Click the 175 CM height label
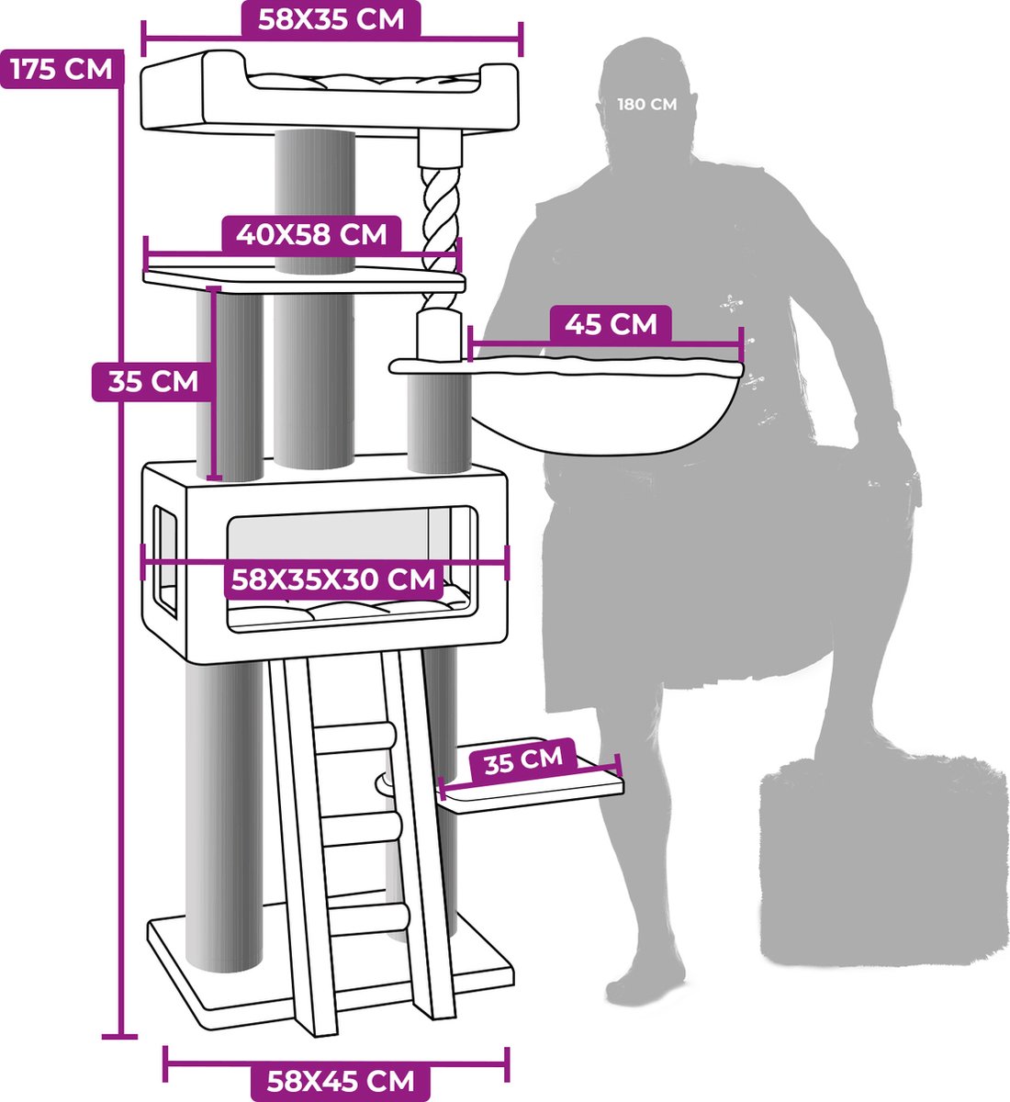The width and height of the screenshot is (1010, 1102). click(62, 69)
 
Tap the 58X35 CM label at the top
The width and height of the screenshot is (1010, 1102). click(331, 19)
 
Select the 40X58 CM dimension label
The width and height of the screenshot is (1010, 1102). click(311, 234)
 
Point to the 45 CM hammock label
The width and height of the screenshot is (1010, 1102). click(611, 324)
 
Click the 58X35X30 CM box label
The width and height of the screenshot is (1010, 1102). click(333, 579)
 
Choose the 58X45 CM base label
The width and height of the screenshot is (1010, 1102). click(340, 1081)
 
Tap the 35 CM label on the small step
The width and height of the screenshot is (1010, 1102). click(523, 759)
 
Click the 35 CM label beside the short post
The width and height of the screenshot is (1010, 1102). click(152, 381)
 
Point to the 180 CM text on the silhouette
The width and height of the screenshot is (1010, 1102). click(646, 104)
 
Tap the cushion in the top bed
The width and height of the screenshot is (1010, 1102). click(364, 82)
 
